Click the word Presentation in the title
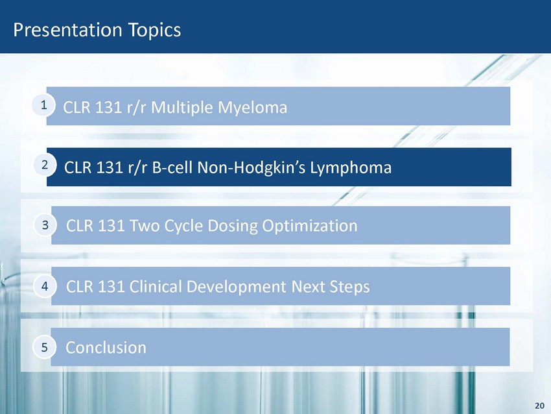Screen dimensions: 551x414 67,30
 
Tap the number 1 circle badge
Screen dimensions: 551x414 43,105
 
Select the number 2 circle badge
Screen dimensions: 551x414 45,165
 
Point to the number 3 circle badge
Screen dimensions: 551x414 45,225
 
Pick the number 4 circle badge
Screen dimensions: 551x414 45,286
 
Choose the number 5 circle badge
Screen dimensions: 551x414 44,347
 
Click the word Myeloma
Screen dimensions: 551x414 252,108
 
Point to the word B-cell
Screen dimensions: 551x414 172,167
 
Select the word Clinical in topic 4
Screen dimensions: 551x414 155,286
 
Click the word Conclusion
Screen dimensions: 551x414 106,348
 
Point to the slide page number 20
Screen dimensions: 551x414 539,406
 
